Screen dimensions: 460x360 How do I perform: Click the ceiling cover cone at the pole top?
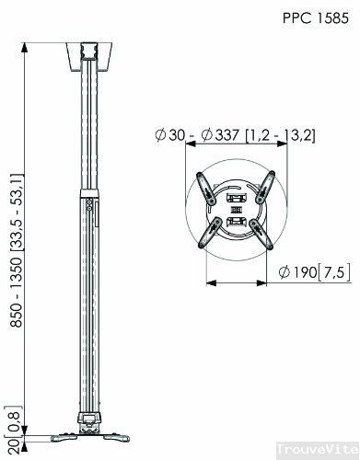(89, 56)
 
